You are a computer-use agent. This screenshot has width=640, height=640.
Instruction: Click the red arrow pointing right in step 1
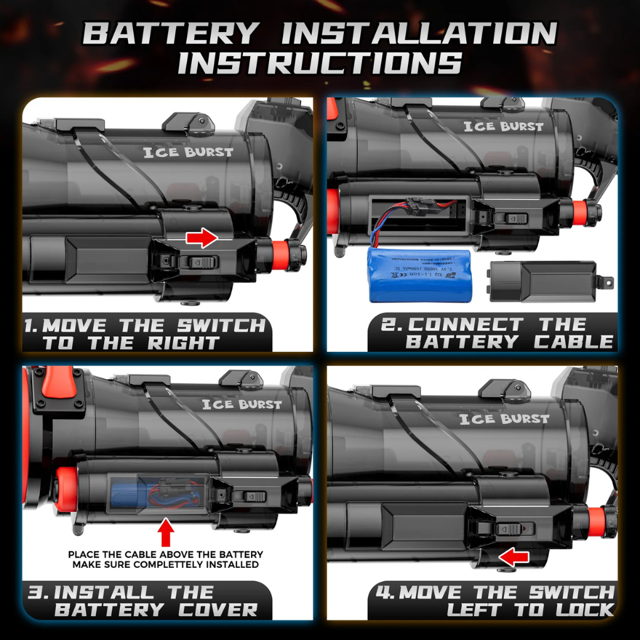(201, 238)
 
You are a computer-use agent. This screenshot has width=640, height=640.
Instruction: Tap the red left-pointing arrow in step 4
(514, 555)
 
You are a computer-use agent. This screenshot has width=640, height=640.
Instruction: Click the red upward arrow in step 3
(166, 533)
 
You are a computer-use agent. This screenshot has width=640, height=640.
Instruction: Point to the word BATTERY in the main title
(171, 33)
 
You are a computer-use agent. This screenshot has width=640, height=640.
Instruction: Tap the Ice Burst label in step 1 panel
(188, 152)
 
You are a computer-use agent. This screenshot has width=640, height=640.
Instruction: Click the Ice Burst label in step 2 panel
(503, 126)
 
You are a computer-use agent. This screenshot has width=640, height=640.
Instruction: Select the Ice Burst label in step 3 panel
(242, 405)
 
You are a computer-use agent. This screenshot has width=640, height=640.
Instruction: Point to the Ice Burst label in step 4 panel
(504, 419)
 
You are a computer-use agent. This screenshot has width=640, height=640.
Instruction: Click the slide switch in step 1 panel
(198, 262)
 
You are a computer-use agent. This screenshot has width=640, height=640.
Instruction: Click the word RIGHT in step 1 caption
(183, 343)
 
